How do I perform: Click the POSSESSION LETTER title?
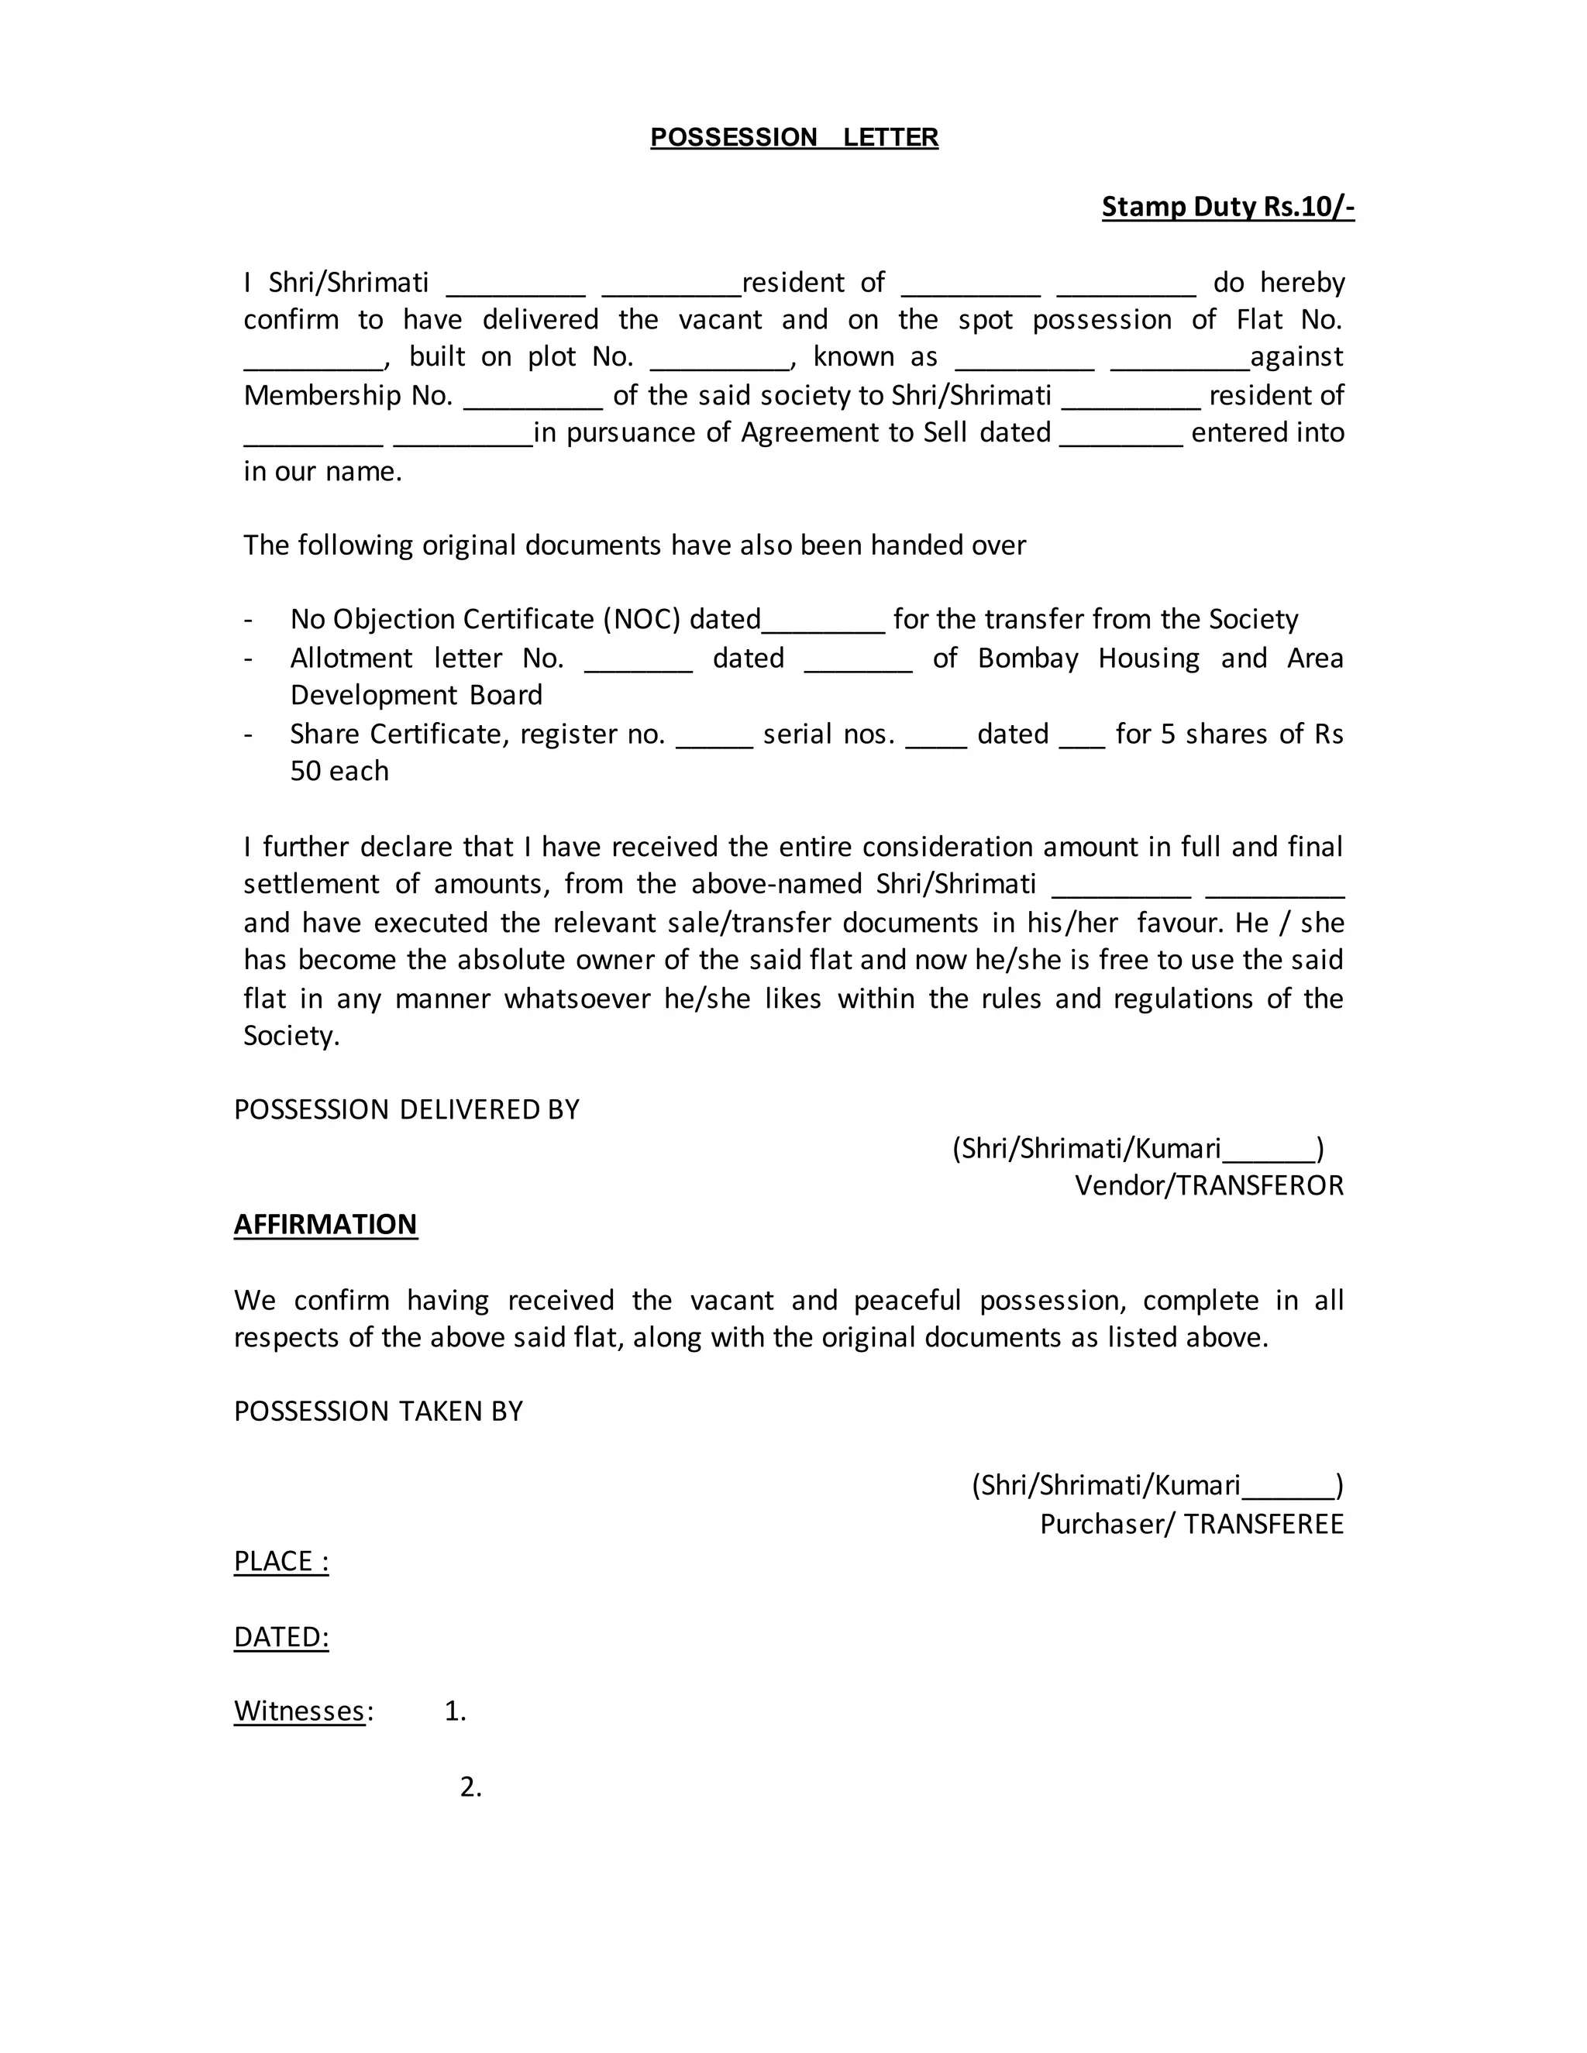coord(793,137)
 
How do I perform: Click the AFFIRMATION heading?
coord(325,1224)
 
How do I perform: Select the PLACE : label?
coord(281,1560)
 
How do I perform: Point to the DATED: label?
coord(281,1636)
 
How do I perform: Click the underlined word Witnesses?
coord(299,1711)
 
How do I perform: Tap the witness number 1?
coord(455,1711)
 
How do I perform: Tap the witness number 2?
coord(470,1787)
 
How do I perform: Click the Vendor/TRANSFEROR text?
coord(1209,1185)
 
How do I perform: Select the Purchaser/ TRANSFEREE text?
coord(1191,1523)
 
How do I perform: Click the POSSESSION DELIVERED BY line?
coord(406,1109)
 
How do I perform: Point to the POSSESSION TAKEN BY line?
coord(378,1411)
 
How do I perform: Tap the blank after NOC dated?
coord(823,626)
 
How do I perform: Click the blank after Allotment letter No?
coord(639,665)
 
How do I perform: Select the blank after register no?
coord(714,741)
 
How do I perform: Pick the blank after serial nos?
coord(935,741)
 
